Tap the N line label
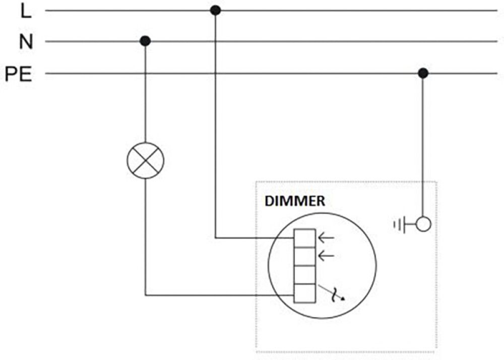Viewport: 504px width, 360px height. [x=26, y=42]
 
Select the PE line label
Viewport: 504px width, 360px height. [x=19, y=75]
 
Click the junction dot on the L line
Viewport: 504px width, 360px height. [x=215, y=10]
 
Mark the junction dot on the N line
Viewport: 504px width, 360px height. [x=145, y=41]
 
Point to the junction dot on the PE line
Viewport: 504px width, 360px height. [x=423, y=74]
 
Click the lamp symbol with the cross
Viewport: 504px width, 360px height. [x=145, y=161]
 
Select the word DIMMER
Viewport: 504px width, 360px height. [x=295, y=201]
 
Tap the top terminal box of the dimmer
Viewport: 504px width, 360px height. [x=305, y=238]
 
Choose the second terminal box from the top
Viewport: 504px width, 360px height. [x=305, y=257]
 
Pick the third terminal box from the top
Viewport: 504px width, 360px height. [x=305, y=275]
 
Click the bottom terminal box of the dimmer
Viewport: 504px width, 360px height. [x=305, y=294]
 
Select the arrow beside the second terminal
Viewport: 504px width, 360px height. [x=327, y=256]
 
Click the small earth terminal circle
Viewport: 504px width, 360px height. [x=423, y=224]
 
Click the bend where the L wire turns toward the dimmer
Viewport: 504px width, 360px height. [x=215, y=237]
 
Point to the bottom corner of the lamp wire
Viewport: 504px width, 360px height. [x=145, y=295]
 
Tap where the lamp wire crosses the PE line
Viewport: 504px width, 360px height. [x=145, y=74]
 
